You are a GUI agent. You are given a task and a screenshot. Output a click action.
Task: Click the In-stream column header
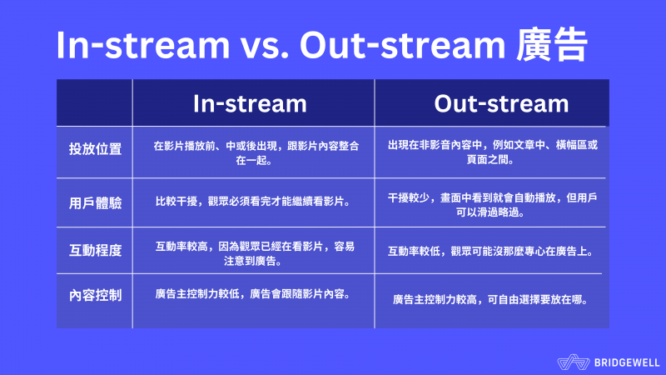(250, 103)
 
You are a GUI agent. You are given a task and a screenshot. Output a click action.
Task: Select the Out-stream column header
(501, 103)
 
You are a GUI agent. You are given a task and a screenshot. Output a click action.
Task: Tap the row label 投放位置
(95, 149)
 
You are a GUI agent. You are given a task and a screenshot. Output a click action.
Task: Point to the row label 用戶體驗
(95, 202)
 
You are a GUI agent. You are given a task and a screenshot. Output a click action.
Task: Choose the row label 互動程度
(95, 251)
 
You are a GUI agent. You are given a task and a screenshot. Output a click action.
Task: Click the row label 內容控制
(95, 295)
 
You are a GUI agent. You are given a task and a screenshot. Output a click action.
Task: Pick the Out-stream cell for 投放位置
(492, 152)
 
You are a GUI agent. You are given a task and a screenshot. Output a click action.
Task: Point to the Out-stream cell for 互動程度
(490, 252)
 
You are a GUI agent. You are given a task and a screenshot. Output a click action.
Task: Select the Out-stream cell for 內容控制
(490, 300)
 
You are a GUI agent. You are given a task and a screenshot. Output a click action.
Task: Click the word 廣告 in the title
(552, 45)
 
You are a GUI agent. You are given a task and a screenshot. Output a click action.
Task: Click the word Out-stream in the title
(403, 45)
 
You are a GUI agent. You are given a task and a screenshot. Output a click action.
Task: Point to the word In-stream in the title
(143, 45)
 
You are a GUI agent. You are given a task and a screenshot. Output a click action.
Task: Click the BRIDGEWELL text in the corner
(627, 362)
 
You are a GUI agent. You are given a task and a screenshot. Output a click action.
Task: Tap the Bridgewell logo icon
(574, 362)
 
